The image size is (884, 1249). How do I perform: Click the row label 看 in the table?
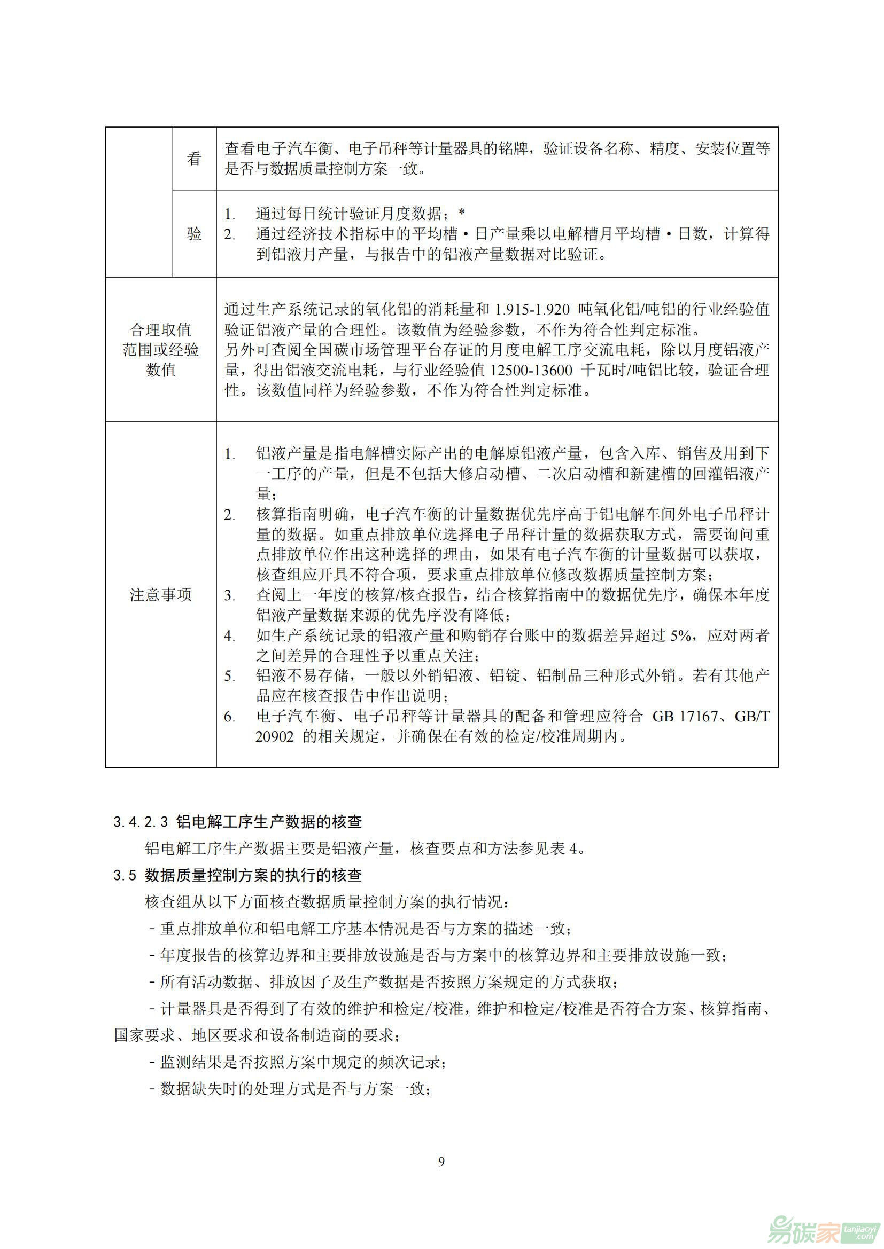pyautogui.click(x=195, y=159)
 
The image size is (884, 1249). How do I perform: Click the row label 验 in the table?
pyautogui.click(x=195, y=234)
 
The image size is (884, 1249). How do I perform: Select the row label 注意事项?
pyautogui.click(x=160, y=595)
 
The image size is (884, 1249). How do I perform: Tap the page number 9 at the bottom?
pyautogui.click(x=441, y=1162)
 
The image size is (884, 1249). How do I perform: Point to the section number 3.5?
pyautogui.click(x=125, y=876)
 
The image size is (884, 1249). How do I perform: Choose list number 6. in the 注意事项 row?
pyautogui.click(x=230, y=717)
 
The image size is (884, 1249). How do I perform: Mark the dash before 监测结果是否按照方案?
pyautogui.click(x=152, y=1062)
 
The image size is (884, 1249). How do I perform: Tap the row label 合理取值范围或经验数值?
pyautogui.click(x=160, y=350)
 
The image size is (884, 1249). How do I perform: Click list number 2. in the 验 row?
pyautogui.click(x=230, y=235)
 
